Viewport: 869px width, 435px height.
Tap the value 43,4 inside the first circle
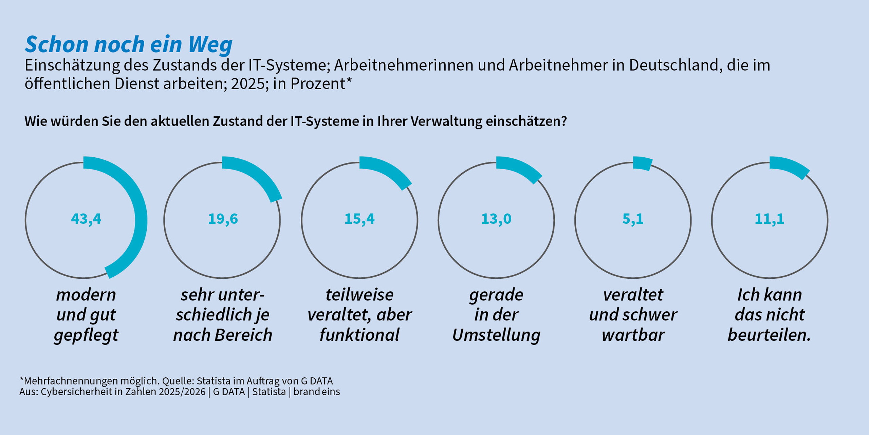[86, 219]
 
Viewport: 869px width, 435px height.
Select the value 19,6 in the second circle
[223, 219]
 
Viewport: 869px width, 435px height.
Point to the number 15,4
[359, 219]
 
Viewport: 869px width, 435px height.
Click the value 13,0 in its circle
[496, 219]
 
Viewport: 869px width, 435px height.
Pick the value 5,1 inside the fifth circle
[633, 219]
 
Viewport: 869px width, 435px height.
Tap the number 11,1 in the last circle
[770, 219]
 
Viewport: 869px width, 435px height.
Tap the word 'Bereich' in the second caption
[243, 335]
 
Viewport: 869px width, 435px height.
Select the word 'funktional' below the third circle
[359, 335]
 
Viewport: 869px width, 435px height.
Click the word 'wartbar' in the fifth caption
[633, 335]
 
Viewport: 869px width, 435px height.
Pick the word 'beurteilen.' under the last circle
[769, 335]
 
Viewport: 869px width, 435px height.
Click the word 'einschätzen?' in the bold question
[526, 121]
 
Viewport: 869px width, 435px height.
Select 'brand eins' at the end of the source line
[316, 392]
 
